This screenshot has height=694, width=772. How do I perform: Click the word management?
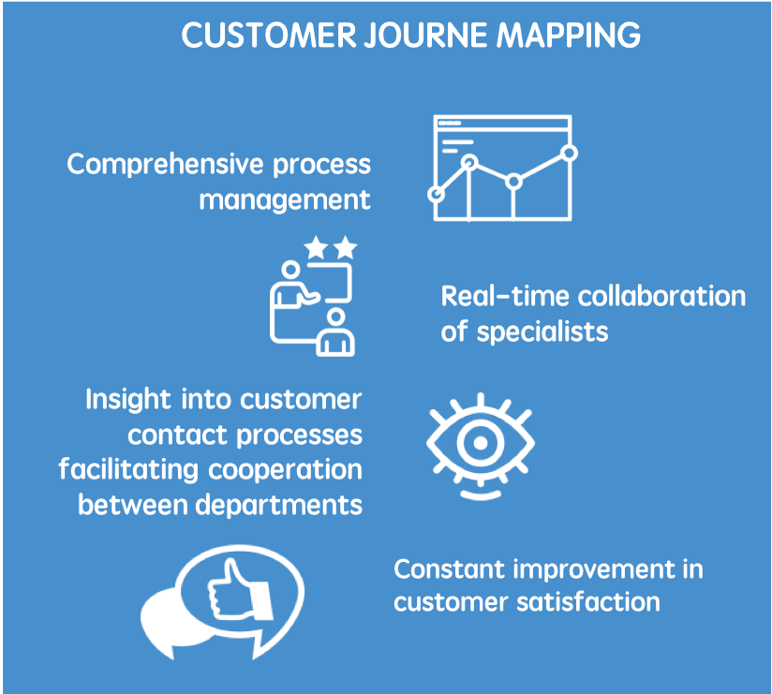pos(285,199)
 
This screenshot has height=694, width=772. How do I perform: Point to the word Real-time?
pos(504,297)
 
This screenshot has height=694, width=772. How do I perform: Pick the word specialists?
pos(542,332)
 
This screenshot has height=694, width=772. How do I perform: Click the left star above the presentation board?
pos(317,248)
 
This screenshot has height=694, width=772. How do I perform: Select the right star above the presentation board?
pos(346,248)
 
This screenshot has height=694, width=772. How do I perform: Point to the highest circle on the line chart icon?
pos(568,152)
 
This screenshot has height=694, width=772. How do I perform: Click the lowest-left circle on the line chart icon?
pos(436,194)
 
